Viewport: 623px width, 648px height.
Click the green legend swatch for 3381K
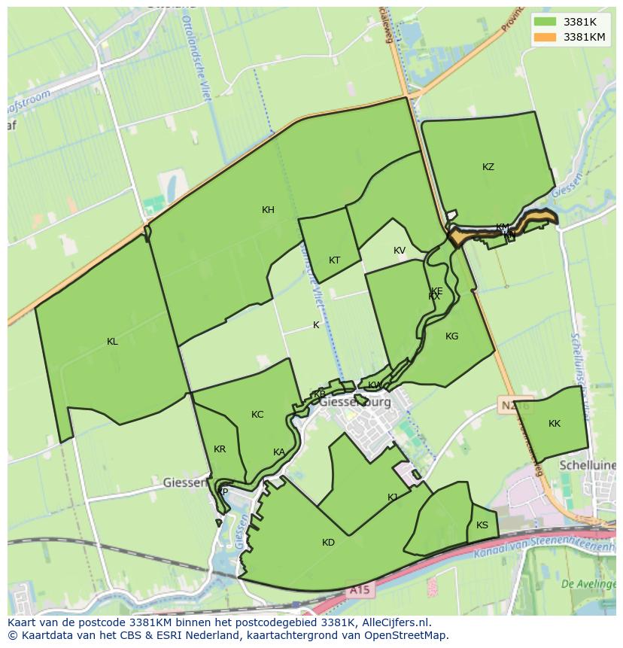pyautogui.click(x=546, y=22)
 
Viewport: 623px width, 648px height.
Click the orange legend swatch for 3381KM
pyautogui.click(x=546, y=36)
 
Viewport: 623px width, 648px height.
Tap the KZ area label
pyautogui.click(x=488, y=167)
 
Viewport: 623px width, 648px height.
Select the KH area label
pyautogui.click(x=268, y=210)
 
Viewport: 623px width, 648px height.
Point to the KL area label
pyautogui.click(x=112, y=342)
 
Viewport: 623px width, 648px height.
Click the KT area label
pyautogui.click(x=334, y=260)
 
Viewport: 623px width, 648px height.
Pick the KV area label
pyautogui.click(x=399, y=251)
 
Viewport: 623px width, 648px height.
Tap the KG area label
pyautogui.click(x=451, y=336)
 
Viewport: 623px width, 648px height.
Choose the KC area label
pyautogui.click(x=257, y=415)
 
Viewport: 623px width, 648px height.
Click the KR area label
pyautogui.click(x=220, y=449)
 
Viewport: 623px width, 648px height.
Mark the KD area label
pyautogui.click(x=328, y=543)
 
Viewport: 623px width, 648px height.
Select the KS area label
pyautogui.click(x=482, y=525)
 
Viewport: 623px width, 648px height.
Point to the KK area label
pyautogui.click(x=555, y=424)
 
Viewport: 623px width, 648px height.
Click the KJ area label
pyautogui.click(x=393, y=497)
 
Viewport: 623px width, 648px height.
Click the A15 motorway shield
pyautogui.click(x=359, y=591)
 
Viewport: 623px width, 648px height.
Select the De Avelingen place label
pyautogui.click(x=589, y=583)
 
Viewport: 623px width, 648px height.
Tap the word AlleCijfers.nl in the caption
pyautogui.click(x=394, y=622)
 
